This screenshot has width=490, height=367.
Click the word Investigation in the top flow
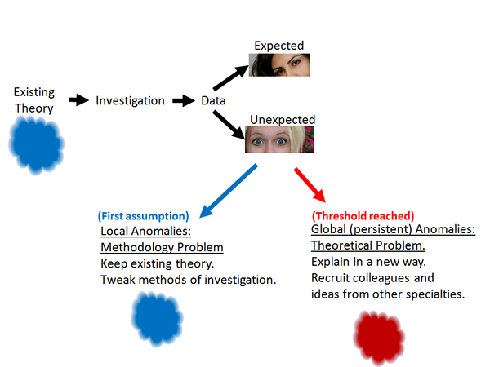[x=130, y=101]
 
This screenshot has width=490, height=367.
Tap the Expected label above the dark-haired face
[x=278, y=46]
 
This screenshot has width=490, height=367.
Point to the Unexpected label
[x=279, y=120]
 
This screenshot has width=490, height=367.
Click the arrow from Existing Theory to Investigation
[x=78, y=100]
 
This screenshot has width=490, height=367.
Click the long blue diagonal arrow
[x=228, y=191]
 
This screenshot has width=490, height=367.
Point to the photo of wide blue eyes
[x=280, y=139]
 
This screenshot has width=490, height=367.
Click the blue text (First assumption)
[x=143, y=216]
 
